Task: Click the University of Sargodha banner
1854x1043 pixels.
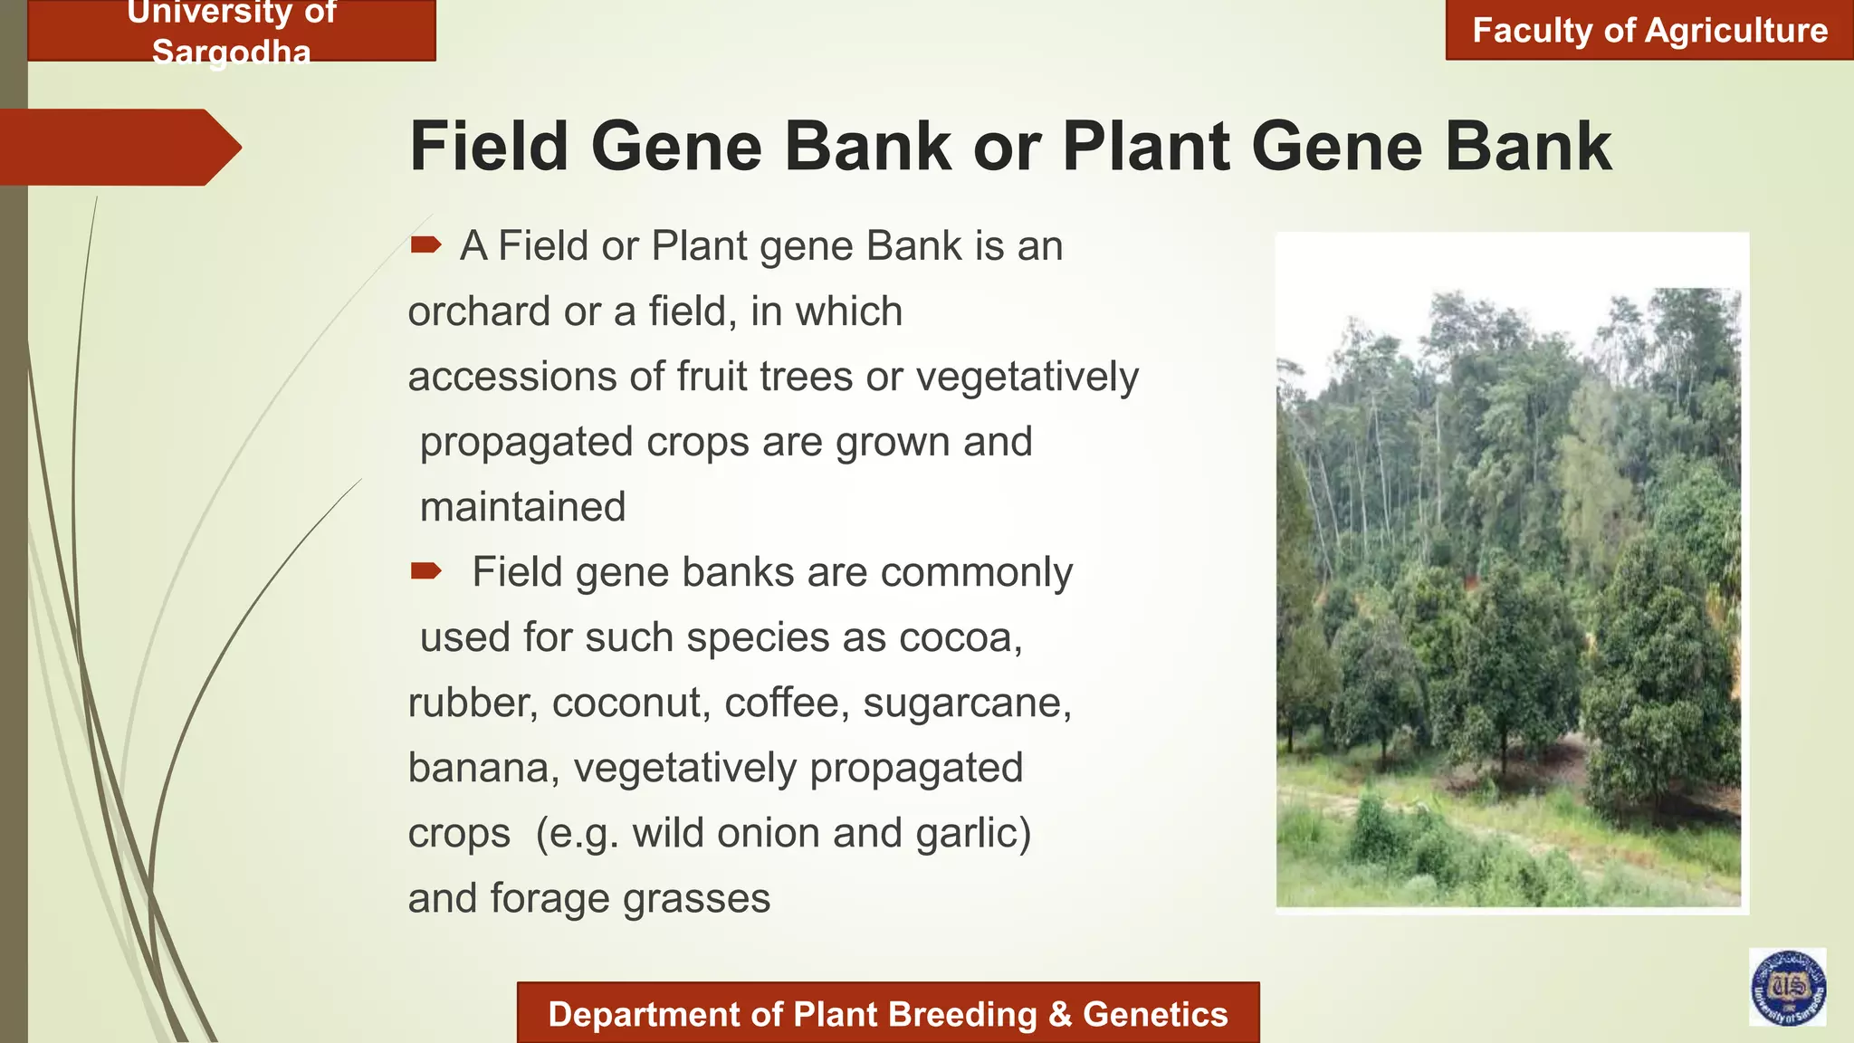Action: (x=232, y=31)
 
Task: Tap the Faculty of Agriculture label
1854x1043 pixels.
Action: (x=1649, y=31)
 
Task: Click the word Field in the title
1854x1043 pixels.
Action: (x=489, y=147)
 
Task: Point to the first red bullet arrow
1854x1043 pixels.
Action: (x=425, y=244)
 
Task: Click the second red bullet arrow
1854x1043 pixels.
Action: (x=425, y=570)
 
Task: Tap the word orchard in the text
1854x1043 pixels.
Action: (x=479, y=312)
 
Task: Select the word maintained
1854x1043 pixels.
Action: (x=522, y=507)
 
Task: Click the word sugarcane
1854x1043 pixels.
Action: (x=966, y=703)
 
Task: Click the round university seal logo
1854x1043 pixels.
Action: (x=1787, y=987)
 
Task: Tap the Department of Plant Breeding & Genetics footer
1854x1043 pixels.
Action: (x=887, y=1014)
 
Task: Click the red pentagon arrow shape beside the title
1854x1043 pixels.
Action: (x=118, y=147)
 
